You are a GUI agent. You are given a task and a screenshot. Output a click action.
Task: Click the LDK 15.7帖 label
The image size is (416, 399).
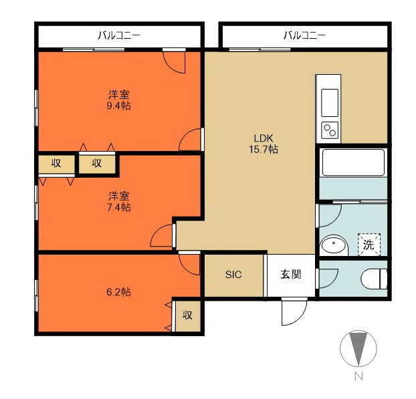pos(264,144)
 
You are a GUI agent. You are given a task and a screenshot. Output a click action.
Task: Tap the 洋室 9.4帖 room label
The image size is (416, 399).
pos(118,100)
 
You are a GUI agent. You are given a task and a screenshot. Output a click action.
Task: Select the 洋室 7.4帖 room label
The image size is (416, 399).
pos(118,201)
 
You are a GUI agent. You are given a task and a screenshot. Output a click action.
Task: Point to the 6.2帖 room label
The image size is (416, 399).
pos(118,292)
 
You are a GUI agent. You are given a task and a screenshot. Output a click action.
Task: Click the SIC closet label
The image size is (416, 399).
pos(233,275)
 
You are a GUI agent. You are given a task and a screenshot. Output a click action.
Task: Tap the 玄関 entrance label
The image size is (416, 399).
pos(291,275)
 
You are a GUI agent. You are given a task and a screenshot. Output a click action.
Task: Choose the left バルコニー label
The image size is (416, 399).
pos(118,35)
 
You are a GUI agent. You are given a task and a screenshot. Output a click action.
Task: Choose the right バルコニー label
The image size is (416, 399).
pos(304,35)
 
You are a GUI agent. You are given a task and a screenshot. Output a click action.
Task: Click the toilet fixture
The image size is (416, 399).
pos(374,279)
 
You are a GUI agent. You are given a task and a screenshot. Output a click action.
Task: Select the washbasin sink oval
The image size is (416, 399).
pos(334,245)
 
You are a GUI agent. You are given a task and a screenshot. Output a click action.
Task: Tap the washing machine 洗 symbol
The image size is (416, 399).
pos(369,245)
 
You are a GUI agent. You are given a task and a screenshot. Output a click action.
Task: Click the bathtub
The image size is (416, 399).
pos(353,162)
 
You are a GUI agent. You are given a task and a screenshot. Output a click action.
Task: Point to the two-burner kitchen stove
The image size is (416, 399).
pos(330,130)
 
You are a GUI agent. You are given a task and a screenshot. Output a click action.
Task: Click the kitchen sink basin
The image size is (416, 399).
pos(330,103)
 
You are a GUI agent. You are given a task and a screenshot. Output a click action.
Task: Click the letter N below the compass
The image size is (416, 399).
pos(358,376)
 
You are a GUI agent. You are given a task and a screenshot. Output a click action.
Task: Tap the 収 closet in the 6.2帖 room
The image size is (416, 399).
pos(187,315)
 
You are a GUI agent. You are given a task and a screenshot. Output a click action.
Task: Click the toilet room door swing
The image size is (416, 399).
pos(328,279)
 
